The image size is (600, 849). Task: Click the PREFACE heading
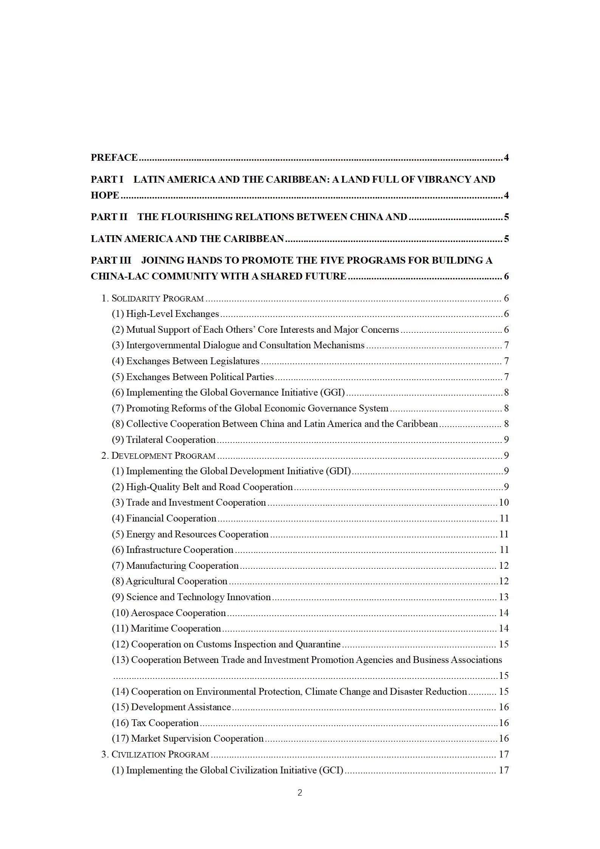tap(114, 157)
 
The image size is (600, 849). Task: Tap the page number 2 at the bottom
tap(300, 793)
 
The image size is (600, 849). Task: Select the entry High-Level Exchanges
tap(172, 314)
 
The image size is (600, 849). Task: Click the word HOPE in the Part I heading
tap(105, 195)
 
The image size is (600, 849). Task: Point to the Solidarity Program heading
tap(157, 298)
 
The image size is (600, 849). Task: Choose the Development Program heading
tap(163, 456)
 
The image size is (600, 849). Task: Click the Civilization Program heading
tap(160, 754)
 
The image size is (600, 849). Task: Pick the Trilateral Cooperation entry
tap(171, 440)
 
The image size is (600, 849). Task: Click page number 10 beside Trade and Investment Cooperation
tap(504, 503)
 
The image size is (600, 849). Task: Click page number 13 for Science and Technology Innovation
tap(504, 597)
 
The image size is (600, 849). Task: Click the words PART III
tap(111, 260)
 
